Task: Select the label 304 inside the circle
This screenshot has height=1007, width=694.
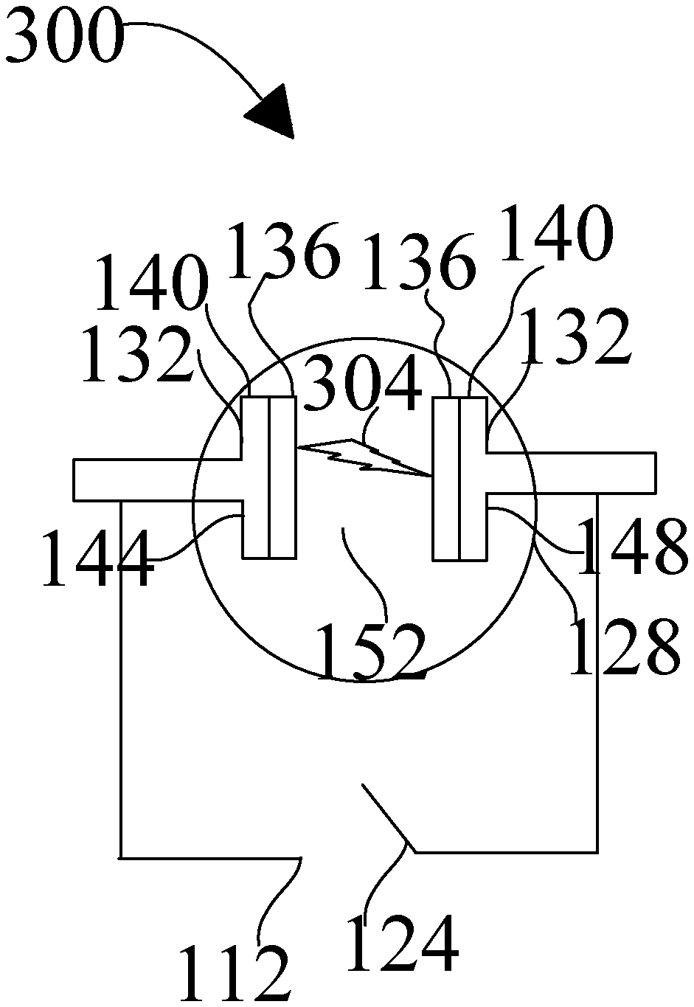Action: [x=363, y=382]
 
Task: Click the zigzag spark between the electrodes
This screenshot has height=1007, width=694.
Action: [x=364, y=457]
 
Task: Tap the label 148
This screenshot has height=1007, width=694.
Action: [x=633, y=545]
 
